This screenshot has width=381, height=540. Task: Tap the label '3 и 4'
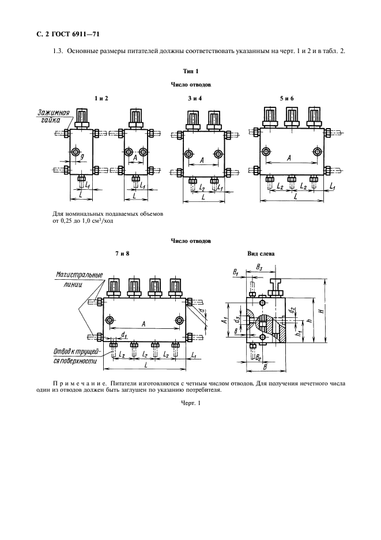194,98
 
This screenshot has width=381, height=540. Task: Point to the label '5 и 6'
287,98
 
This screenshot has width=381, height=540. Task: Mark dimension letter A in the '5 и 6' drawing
288,157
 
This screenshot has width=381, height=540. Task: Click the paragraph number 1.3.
57,51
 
